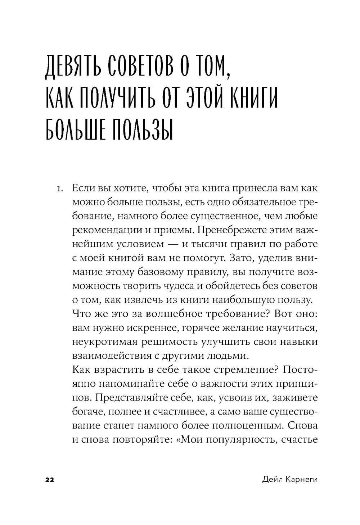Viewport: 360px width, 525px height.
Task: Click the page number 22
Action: coord(49,480)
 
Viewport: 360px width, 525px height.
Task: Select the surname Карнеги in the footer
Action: coord(302,480)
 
